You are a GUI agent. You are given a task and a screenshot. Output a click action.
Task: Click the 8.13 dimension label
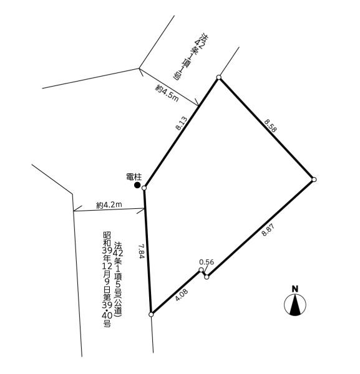point(182,123)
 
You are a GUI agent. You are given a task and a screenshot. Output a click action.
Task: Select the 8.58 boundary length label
point(271,126)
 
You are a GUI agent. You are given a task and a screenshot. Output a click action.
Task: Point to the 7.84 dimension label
point(142,251)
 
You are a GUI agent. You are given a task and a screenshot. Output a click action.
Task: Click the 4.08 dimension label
point(182,295)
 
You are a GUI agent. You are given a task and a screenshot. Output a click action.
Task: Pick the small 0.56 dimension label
point(207,262)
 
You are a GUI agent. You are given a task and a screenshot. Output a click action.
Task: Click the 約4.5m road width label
point(167,93)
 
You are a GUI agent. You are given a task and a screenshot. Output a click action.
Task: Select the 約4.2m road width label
point(109,204)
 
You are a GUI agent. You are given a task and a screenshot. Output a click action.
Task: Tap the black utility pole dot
point(137,185)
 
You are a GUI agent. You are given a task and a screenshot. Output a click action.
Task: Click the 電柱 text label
point(134,177)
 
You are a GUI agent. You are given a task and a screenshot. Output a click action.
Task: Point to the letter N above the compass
point(295,289)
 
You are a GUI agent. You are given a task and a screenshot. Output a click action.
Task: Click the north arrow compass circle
point(295,305)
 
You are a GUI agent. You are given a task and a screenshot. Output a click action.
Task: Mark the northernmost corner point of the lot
point(218,77)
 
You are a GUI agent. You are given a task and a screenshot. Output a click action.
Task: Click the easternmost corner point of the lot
point(314,180)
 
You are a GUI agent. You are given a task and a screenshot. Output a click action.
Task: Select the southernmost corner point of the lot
point(151,314)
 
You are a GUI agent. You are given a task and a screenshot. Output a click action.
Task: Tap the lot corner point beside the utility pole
point(144,188)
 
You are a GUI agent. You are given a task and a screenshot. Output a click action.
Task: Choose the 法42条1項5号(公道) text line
point(119,279)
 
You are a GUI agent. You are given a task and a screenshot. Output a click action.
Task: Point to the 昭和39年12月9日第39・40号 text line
point(107,279)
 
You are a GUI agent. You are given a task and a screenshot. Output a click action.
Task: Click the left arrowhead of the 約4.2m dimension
point(74,211)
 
